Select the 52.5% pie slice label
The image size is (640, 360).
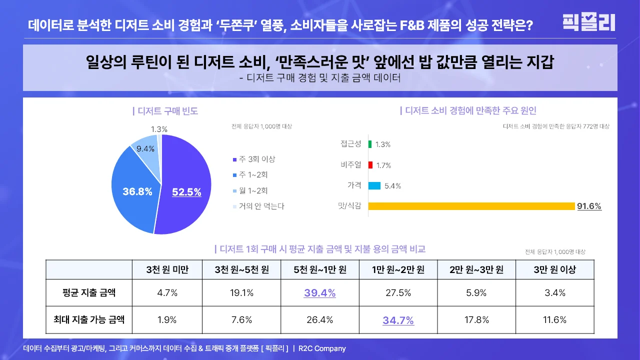tap(186, 192)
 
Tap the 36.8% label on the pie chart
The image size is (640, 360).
tap(137, 191)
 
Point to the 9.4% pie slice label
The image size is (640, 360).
tap(145, 148)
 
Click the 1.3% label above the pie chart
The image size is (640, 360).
tap(159, 129)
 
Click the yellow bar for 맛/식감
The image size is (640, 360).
tap(471, 206)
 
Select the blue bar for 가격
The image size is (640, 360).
tap(374, 186)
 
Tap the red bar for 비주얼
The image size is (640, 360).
tap(370, 165)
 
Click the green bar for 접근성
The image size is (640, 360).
tap(370, 144)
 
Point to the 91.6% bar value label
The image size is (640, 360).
tap(589, 206)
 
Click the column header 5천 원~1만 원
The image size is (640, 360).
tap(320, 270)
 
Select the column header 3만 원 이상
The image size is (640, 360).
tap(554, 270)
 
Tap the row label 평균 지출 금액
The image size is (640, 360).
tap(89, 293)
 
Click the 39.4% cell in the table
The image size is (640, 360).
tap(320, 293)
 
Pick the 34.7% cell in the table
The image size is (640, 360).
tap(398, 320)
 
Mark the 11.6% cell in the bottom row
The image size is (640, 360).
tap(554, 320)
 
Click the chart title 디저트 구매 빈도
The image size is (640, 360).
tap(165, 111)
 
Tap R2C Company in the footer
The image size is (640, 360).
tap(322, 348)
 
